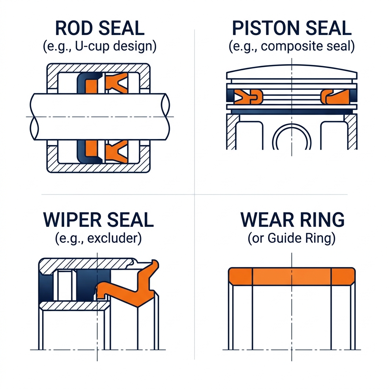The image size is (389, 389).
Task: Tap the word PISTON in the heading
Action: click(266, 28)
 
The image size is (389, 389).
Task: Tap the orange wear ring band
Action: click(292, 277)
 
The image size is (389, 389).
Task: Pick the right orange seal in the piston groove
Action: click(335, 96)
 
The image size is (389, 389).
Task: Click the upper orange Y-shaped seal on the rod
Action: click(116, 82)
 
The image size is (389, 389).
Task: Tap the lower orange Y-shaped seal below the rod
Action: click(116, 152)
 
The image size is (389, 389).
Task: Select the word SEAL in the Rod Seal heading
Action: click(122, 28)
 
